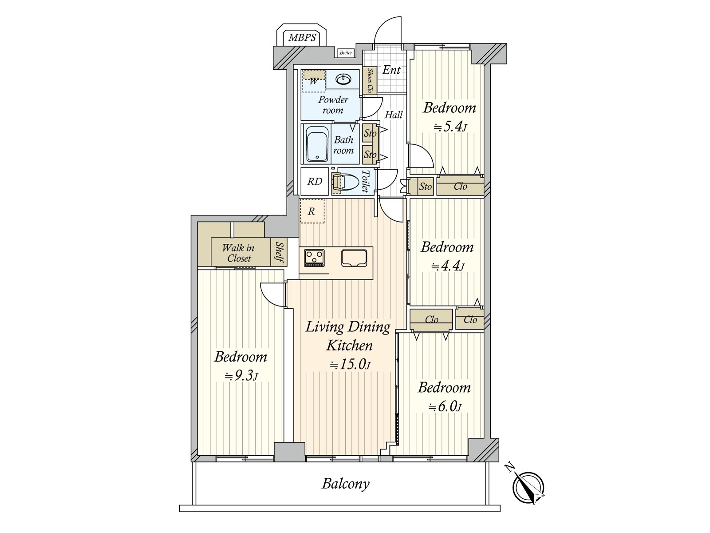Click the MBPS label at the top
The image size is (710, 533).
302,38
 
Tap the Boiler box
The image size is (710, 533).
346,52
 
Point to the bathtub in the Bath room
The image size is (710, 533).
317,143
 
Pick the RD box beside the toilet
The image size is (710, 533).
315,181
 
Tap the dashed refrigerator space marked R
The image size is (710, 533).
312,211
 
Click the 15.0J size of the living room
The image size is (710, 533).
350,365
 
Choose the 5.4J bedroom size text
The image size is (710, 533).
450,127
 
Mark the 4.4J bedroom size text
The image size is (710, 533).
448,266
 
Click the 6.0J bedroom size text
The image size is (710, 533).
445,406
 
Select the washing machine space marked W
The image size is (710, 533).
313,81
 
